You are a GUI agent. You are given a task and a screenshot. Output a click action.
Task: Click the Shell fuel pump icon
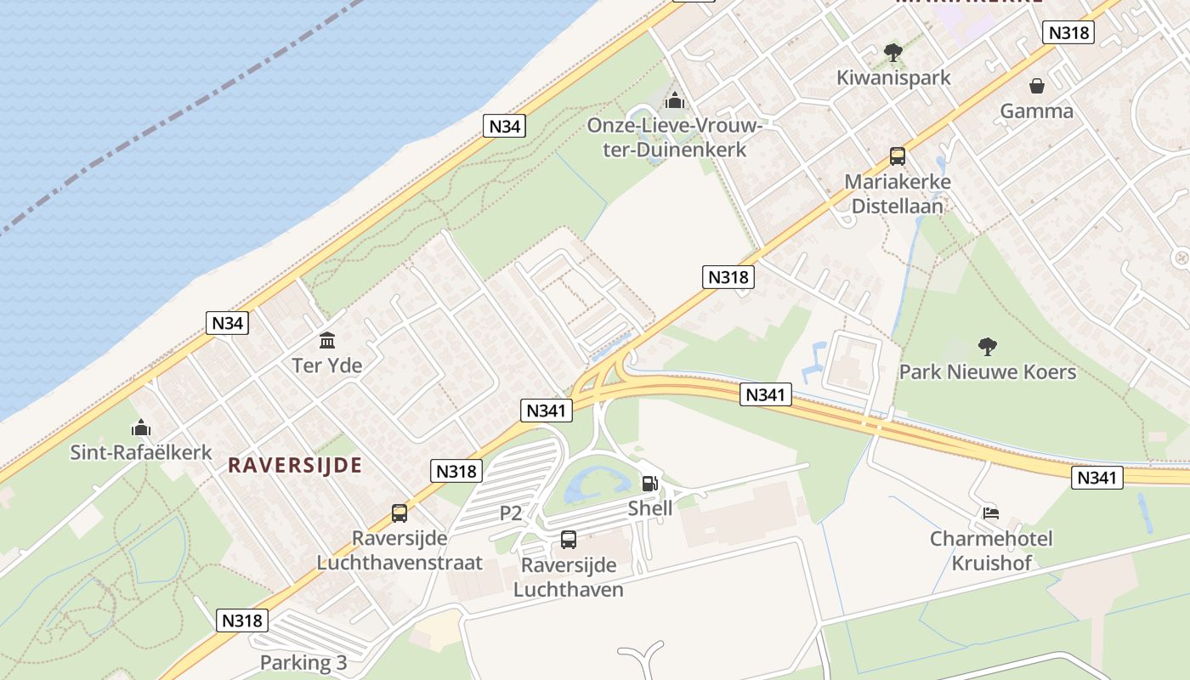click(x=649, y=484)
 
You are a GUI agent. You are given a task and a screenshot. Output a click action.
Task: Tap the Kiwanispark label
click(x=893, y=77)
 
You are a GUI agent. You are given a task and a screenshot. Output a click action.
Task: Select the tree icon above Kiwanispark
click(x=892, y=53)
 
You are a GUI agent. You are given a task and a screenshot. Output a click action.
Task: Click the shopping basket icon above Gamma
click(x=1037, y=86)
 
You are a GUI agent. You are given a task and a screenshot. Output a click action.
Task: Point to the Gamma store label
click(x=1036, y=110)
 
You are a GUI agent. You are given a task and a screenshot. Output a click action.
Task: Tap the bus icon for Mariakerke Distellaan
click(x=898, y=156)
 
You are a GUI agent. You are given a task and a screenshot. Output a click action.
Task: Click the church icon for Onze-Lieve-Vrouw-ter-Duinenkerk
click(x=675, y=101)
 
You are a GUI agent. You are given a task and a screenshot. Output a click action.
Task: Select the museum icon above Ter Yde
click(x=327, y=341)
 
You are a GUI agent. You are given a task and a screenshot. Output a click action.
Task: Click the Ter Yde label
click(x=327, y=365)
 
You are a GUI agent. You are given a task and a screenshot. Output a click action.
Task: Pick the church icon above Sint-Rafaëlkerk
click(x=141, y=428)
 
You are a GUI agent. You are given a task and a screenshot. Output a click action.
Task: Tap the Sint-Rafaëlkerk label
click(x=141, y=452)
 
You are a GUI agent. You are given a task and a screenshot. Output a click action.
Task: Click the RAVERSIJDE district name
click(x=295, y=465)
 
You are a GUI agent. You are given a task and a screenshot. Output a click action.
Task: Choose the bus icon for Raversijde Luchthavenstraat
click(x=399, y=513)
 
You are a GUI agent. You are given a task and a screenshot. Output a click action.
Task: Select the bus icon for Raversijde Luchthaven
click(x=569, y=540)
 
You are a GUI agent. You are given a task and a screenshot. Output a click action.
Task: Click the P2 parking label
click(x=511, y=513)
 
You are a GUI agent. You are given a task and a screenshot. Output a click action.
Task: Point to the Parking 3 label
click(x=303, y=662)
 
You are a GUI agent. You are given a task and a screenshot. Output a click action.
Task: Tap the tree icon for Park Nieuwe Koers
click(x=987, y=347)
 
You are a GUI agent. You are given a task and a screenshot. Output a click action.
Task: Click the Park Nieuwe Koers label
click(x=988, y=371)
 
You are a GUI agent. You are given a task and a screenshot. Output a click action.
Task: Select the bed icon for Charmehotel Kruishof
click(x=991, y=513)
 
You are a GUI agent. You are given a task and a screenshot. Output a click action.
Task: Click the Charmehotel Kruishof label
click(x=991, y=551)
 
